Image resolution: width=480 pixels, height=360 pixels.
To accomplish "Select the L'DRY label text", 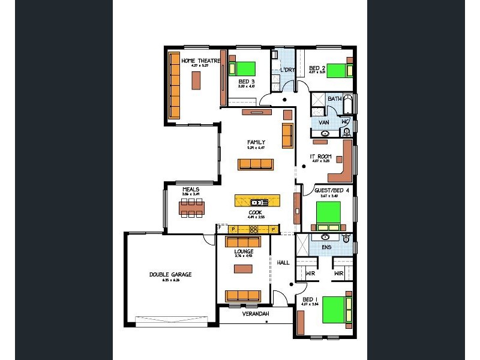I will (287, 70).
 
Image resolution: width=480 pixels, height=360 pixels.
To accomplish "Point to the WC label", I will (345, 122).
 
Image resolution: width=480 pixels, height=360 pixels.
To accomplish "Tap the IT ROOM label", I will (320, 157).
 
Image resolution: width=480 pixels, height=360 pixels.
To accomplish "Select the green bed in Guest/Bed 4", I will (328, 213).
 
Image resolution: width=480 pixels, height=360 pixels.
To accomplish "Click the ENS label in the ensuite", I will (326, 247).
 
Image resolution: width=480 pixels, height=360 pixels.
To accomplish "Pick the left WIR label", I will (310, 273).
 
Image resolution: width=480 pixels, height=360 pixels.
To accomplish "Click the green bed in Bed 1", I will (334, 308).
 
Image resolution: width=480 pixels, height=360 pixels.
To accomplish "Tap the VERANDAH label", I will (255, 314).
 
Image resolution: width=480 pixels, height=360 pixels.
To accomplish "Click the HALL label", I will (283, 262).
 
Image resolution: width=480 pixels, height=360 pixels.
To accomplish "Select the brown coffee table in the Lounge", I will (244, 268).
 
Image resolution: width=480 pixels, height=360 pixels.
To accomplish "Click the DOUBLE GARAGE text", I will (170, 274).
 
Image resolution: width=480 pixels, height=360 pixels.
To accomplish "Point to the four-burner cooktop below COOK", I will (253, 229).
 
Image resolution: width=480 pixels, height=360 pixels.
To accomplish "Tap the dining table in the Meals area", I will (192, 207).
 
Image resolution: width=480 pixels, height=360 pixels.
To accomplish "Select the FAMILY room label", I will (256, 142).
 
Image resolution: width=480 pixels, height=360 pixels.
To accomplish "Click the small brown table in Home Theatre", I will (196, 80).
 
